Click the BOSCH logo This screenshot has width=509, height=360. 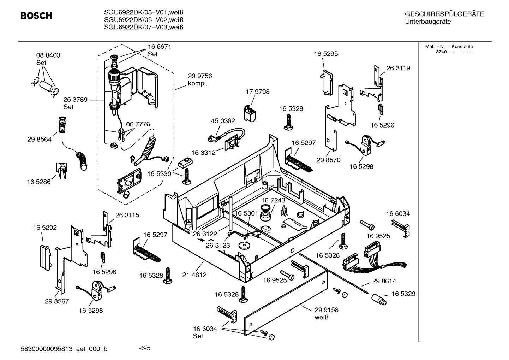click(36, 16)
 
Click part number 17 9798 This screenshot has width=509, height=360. click(257, 92)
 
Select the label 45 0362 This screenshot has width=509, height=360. click(223, 121)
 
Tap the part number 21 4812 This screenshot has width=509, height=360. click(194, 275)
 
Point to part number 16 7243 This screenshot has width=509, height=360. click(273, 200)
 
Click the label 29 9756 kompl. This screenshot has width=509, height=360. click(200, 80)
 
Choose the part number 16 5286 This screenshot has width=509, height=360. click(39, 182)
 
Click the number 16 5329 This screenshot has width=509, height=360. click(403, 294)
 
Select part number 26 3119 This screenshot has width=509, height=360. click(398, 68)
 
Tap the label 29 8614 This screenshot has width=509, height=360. click(384, 281)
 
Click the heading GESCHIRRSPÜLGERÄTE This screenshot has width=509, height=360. click(444, 14)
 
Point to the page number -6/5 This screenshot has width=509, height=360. click(145, 348)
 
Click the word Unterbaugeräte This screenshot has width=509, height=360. click(428, 22)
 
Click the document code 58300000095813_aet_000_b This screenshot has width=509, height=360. click(64, 349)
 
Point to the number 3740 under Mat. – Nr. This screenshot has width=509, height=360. click(441, 52)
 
